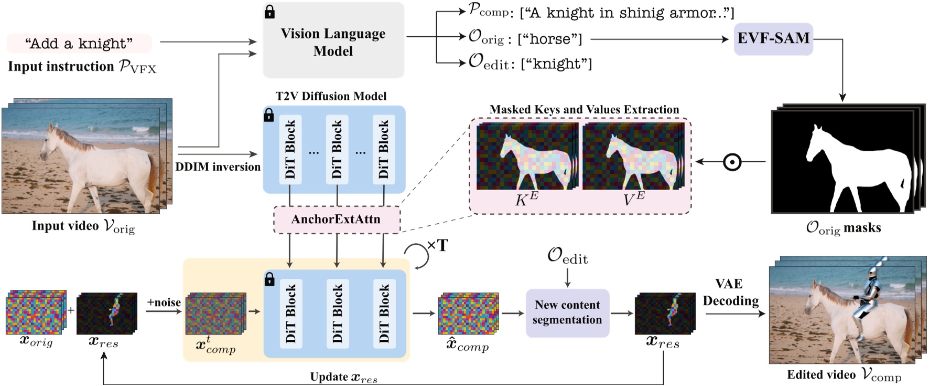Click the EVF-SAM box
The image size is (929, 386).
(773, 38)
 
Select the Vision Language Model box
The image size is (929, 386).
(333, 42)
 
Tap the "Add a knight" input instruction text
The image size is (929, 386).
(79, 44)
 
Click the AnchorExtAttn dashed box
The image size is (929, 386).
(336, 220)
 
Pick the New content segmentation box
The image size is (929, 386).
(567, 312)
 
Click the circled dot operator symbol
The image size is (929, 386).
(732, 162)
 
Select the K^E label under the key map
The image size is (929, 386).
(526, 200)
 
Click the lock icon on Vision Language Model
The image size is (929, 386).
(269, 12)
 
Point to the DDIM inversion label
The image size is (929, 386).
(218, 167)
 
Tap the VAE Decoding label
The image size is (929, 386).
(730, 293)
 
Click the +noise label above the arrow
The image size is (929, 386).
(164, 302)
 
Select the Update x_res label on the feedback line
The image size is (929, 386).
(343, 377)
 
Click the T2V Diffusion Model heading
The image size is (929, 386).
(331, 96)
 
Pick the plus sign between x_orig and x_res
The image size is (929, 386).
(71, 310)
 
